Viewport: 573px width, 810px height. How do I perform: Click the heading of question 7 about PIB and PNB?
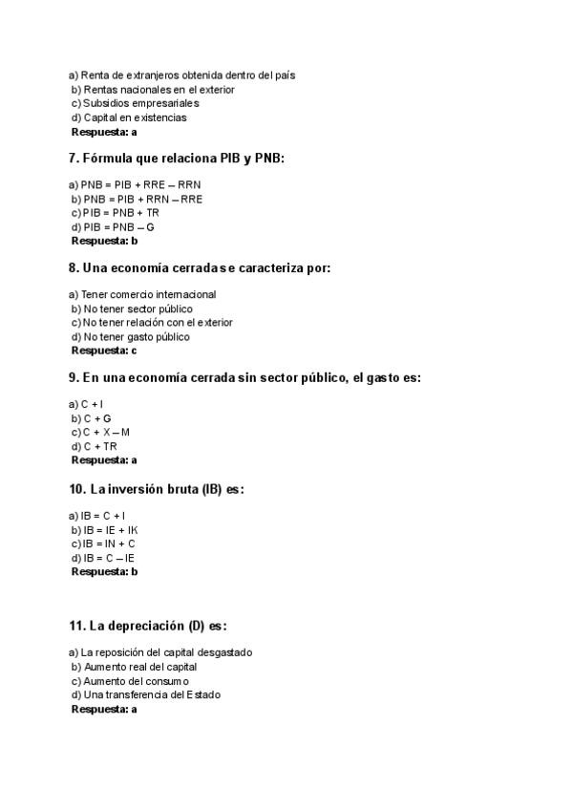point(177,159)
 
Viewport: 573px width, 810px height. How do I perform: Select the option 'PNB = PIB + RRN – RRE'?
point(137,199)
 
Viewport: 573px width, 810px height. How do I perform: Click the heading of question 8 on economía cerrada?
point(200,268)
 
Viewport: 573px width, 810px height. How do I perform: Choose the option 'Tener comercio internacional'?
point(142,294)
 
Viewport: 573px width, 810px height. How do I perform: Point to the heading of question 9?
point(244,378)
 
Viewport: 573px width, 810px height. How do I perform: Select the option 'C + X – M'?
point(106,433)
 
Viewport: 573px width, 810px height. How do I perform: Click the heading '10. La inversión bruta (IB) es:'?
point(157,489)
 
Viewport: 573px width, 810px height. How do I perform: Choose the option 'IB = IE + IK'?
point(110,529)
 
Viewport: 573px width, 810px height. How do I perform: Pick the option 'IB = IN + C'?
point(109,544)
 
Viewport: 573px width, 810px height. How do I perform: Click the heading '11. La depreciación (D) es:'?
point(148,627)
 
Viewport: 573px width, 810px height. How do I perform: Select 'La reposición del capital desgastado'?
point(159,652)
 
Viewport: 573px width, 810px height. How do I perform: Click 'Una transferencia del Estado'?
point(145,695)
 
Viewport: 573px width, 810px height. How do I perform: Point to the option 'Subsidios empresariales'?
point(135,103)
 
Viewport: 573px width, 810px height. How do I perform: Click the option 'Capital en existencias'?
point(129,117)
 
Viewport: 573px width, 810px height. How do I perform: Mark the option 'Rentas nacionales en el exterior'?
point(152,89)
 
